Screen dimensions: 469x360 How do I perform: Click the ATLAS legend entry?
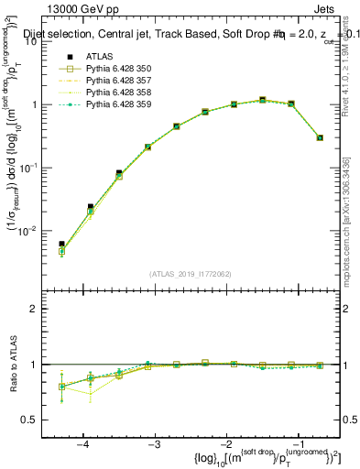[98, 57]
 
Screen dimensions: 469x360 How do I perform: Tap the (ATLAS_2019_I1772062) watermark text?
[191, 274]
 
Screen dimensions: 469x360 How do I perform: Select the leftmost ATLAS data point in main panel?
[61, 245]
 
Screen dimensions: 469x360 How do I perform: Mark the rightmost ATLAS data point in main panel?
[320, 137]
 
